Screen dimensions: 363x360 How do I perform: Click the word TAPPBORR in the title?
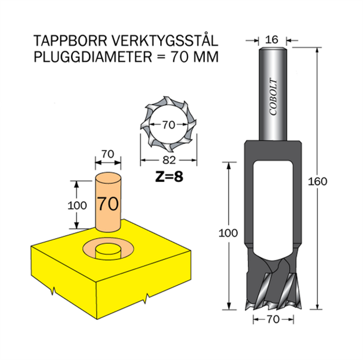click(x=71, y=41)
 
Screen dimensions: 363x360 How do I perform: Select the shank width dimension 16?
click(x=272, y=40)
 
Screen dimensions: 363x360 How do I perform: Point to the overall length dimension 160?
click(x=317, y=182)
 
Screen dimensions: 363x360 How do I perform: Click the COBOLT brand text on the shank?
click(x=273, y=97)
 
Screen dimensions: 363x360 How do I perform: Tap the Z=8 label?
click(x=169, y=177)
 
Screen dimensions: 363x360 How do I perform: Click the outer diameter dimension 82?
click(x=169, y=160)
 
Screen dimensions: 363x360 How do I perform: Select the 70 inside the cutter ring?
click(x=168, y=125)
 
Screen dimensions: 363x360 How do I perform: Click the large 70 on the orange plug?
click(x=108, y=204)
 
